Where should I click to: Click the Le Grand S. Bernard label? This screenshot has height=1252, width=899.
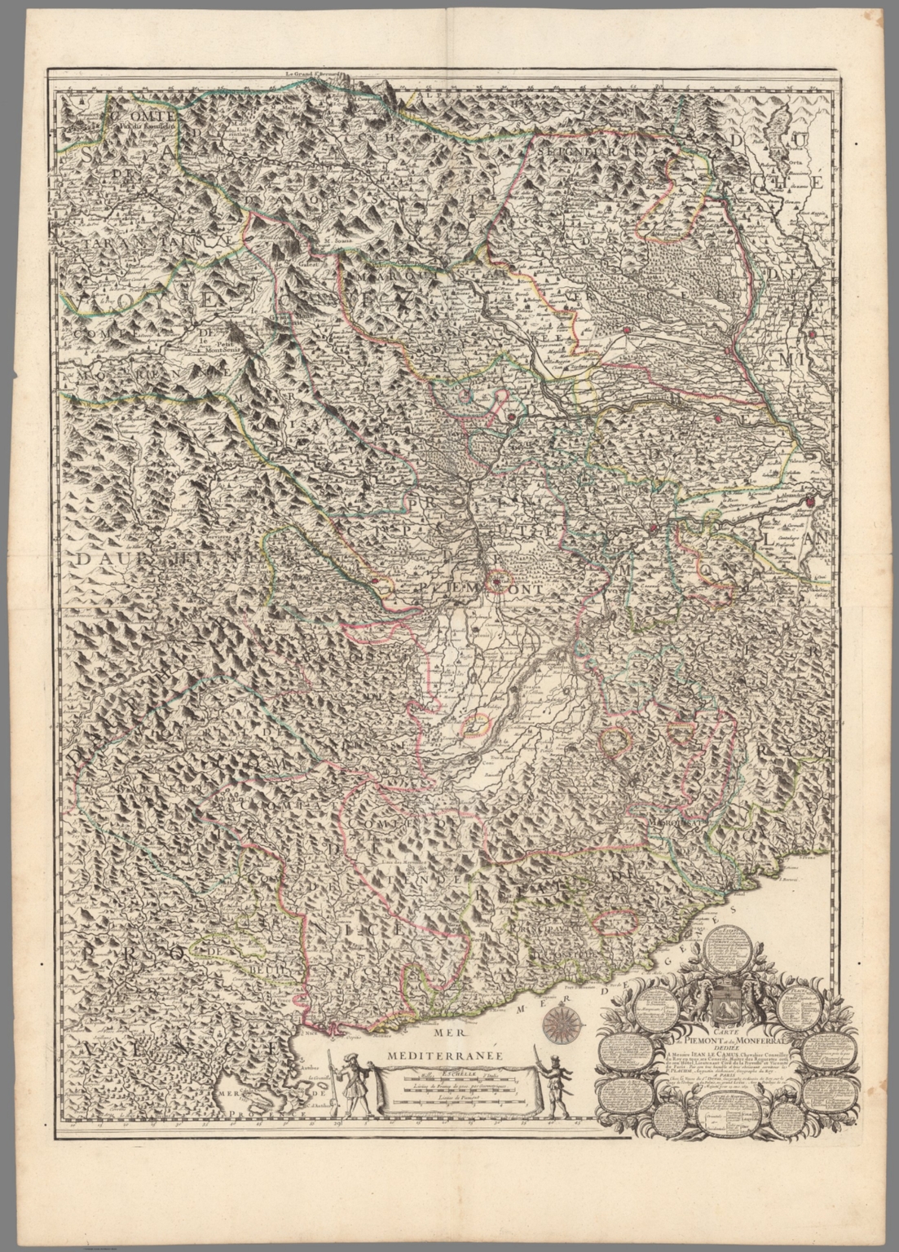(x=316, y=74)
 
